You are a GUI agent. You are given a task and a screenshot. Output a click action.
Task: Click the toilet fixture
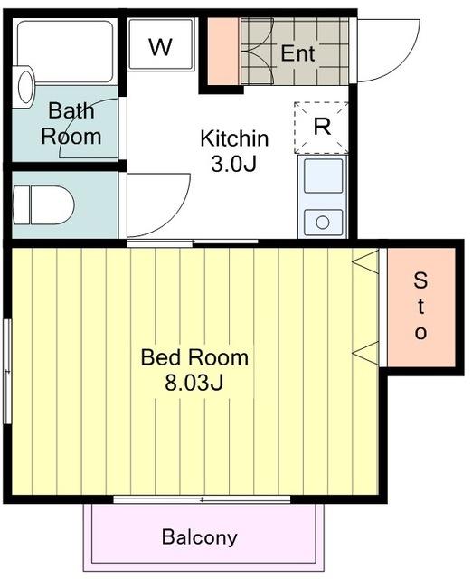point(43,205)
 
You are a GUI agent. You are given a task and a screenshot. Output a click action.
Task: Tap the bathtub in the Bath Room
point(65,52)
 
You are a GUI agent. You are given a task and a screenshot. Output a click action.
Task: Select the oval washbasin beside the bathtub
point(24,87)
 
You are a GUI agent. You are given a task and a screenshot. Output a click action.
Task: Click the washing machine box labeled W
point(161,44)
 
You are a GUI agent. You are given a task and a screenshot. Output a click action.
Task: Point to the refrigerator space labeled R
point(321,128)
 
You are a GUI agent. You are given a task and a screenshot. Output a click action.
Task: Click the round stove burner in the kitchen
point(323,223)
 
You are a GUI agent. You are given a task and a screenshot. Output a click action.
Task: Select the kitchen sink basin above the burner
point(324,176)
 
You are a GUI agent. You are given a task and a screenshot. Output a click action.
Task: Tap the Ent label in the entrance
point(297,53)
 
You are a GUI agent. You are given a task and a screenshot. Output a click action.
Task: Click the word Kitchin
point(234,138)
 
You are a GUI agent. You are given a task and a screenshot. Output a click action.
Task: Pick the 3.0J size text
point(233,164)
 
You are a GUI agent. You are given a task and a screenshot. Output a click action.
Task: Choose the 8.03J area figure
point(194,383)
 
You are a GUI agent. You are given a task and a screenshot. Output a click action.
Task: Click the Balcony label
point(199,537)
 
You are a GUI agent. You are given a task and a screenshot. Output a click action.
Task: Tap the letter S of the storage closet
point(420,280)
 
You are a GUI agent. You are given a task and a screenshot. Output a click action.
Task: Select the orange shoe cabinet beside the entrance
point(223,52)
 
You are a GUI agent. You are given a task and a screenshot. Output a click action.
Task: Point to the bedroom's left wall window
point(7,372)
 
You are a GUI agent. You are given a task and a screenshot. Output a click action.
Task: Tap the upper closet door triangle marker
point(365,261)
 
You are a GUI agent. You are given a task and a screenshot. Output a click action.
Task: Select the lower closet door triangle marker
point(365,354)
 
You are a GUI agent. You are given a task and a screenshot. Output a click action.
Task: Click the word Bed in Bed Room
point(161,357)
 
